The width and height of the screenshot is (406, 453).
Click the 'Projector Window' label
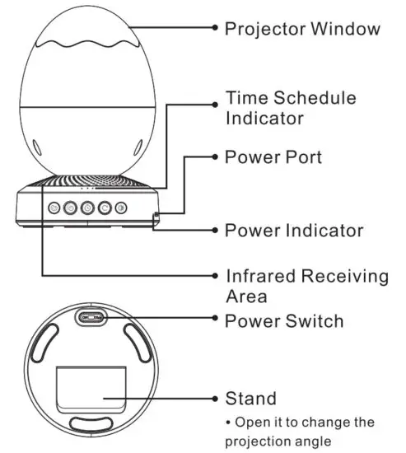[x=302, y=29]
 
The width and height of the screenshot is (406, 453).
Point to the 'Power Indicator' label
[x=294, y=230]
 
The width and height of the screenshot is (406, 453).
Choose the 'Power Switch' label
[x=284, y=320]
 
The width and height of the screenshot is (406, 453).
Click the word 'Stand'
[x=250, y=399]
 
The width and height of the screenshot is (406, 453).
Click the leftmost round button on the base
[x=52, y=208]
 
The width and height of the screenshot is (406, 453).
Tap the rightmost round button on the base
[x=121, y=208]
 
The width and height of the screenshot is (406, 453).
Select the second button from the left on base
[x=69, y=208]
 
